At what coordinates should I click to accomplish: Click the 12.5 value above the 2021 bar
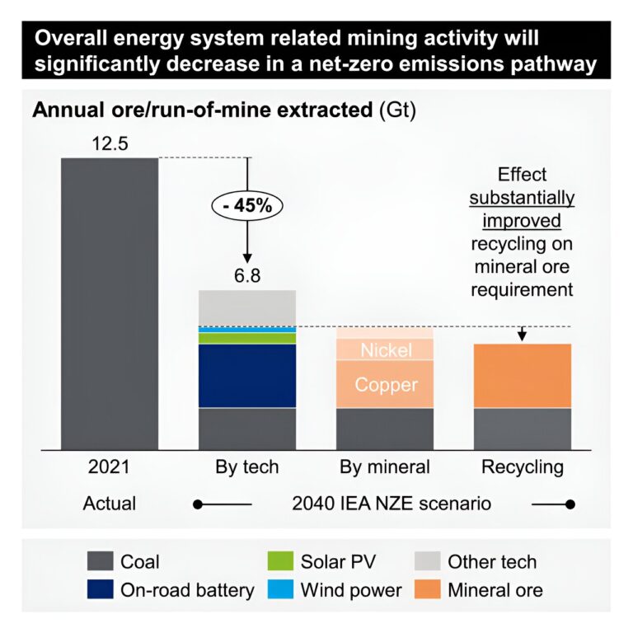click(110, 145)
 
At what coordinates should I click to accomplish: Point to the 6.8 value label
click(247, 275)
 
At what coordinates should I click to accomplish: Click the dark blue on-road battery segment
click(247, 375)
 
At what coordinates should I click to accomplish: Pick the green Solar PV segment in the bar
click(247, 338)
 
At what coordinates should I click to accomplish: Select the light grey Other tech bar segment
click(247, 307)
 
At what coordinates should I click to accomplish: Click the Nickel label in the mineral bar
click(386, 350)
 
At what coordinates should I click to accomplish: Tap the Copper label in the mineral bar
click(386, 384)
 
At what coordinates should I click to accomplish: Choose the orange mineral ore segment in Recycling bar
click(523, 375)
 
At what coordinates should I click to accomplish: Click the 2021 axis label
click(110, 467)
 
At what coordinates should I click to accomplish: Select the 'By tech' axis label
click(247, 467)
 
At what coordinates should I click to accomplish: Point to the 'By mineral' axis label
click(385, 467)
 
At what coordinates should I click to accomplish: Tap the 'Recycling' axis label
click(523, 467)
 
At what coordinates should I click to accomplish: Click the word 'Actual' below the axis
click(110, 503)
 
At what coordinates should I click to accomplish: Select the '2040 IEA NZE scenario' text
click(385, 503)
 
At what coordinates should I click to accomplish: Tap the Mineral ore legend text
click(495, 589)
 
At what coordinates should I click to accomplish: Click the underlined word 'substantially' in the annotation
click(523, 199)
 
